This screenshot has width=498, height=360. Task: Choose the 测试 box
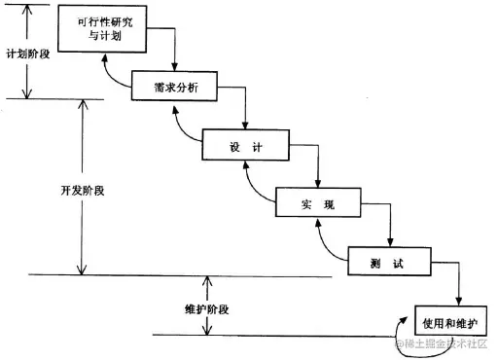click(388, 262)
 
